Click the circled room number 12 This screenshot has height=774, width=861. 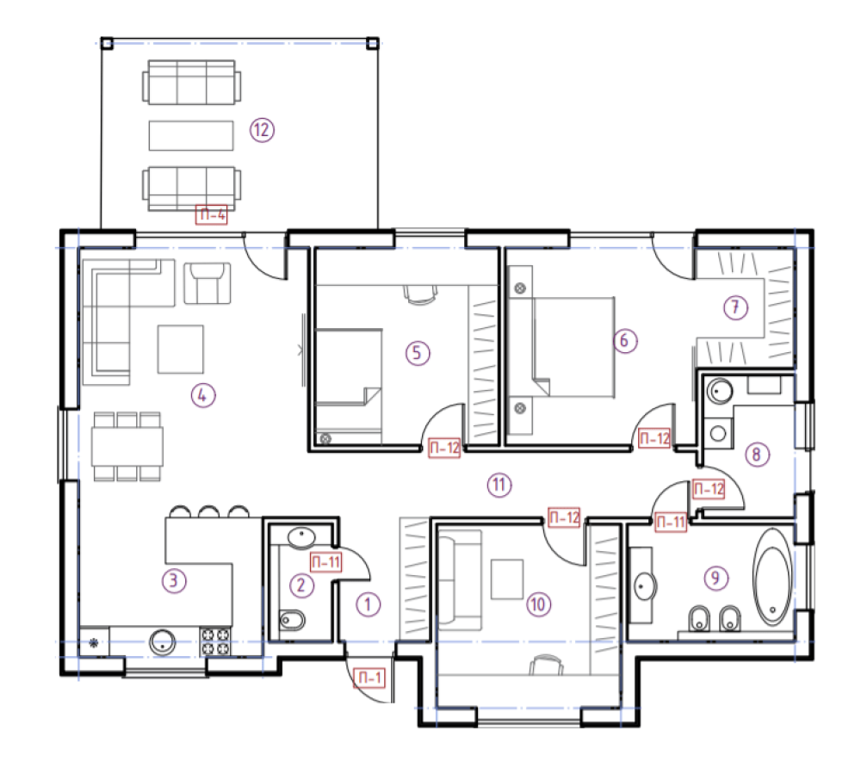262,130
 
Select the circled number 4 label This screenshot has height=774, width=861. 203,395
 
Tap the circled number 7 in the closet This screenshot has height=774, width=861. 736,307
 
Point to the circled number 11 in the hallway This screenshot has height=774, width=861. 499,485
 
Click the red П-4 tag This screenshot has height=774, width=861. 212,214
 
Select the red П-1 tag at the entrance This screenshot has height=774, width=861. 369,678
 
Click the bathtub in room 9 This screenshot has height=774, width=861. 772,577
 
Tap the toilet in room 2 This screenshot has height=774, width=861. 292,621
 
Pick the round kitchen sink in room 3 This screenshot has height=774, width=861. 163,642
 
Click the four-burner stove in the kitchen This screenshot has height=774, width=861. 215,641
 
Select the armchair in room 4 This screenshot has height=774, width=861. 207,283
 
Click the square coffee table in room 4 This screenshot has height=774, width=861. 181,350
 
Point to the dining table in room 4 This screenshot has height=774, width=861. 127,447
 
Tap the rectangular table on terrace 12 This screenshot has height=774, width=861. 191,135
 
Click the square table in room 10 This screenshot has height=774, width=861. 507,579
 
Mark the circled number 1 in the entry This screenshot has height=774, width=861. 369,605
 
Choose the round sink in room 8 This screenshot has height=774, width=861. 719,392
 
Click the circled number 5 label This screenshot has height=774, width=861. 418,353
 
